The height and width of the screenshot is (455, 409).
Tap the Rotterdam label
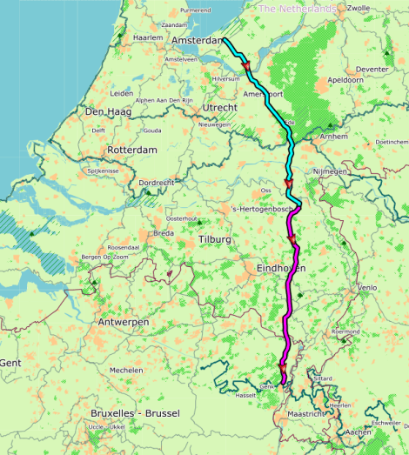(131, 151)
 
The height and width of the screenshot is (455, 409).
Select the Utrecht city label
(219, 107)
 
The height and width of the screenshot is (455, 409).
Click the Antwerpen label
(122, 322)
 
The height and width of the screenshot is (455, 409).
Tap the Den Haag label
(106, 111)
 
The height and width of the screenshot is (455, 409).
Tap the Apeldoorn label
(345, 79)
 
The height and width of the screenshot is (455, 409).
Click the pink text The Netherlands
(298, 9)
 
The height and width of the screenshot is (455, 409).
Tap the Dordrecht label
(157, 183)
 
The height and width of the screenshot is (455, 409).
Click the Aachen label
(358, 432)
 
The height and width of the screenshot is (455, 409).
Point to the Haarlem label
(148, 38)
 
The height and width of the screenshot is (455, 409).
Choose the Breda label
(164, 233)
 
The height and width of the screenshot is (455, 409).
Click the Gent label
(10, 362)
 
